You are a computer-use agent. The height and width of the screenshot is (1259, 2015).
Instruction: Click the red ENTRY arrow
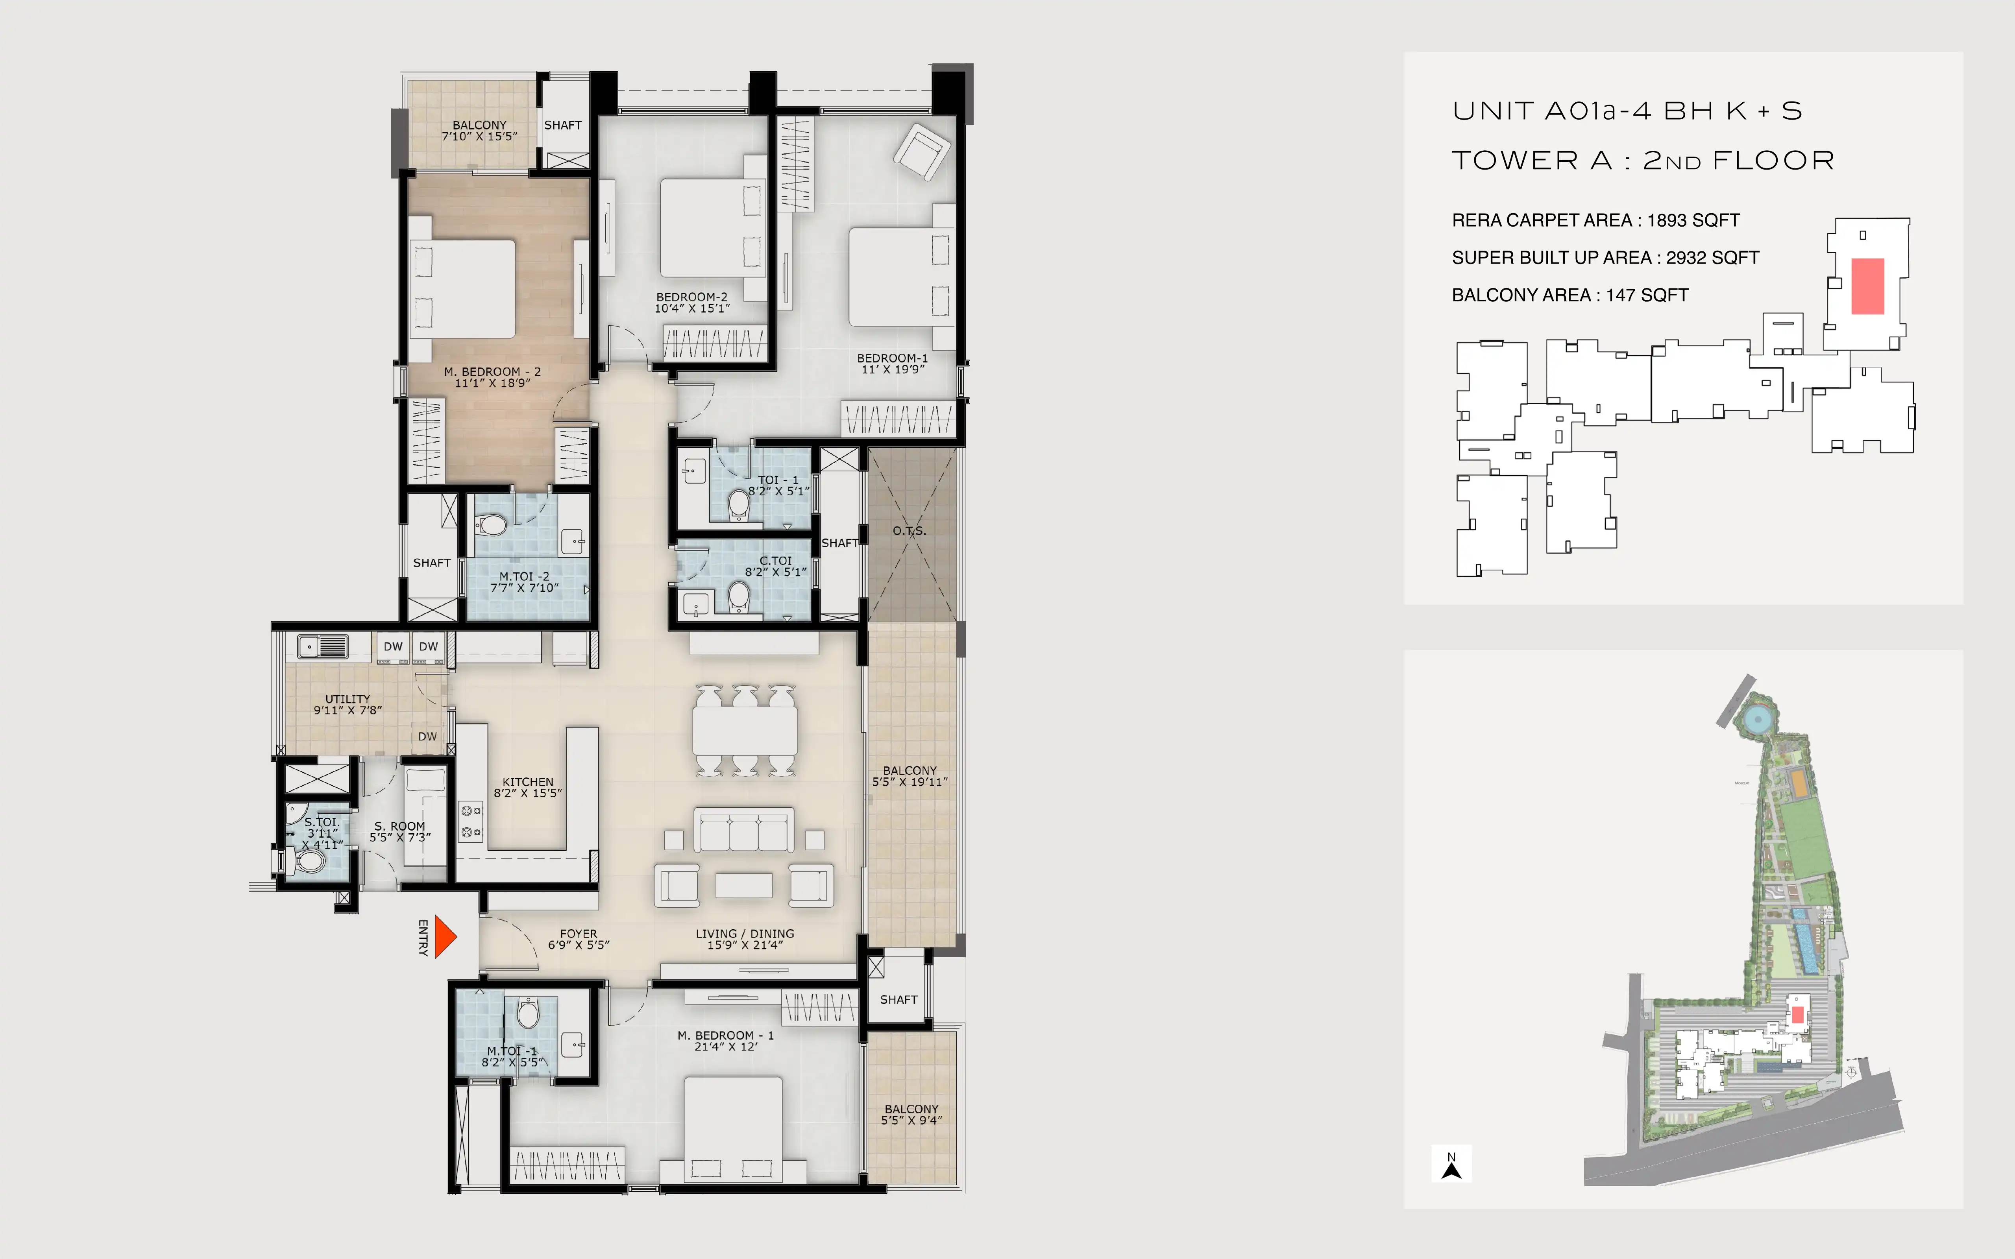click(x=446, y=938)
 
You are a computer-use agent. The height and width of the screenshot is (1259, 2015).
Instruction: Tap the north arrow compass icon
click(x=1451, y=1164)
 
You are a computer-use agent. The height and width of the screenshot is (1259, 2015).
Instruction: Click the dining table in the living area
click(x=745, y=730)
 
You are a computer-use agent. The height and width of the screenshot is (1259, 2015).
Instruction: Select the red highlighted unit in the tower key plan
click(x=1868, y=286)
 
